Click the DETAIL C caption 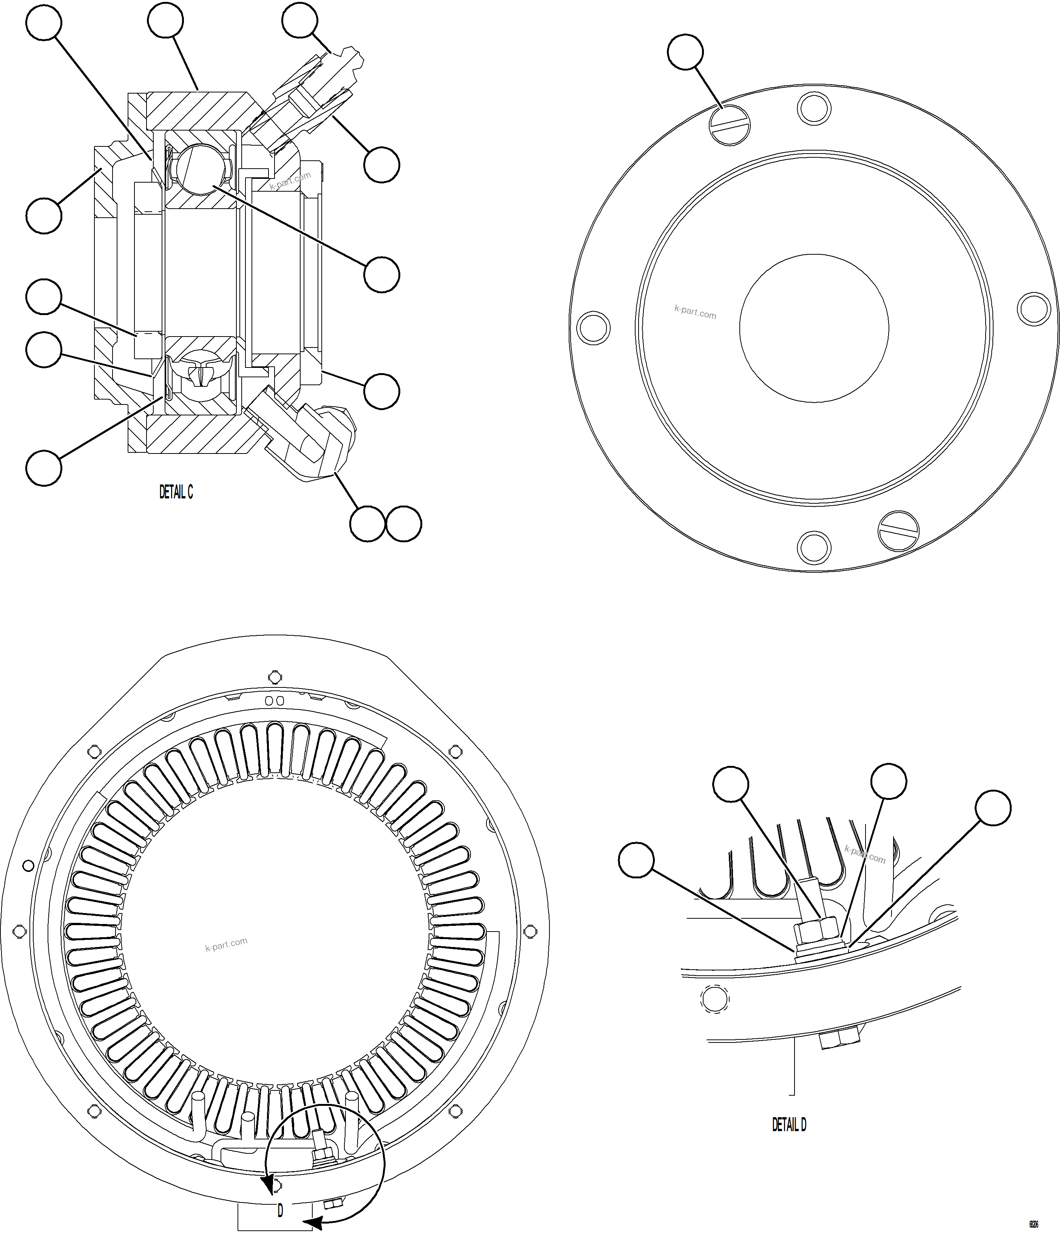click(176, 492)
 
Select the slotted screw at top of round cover click(730, 125)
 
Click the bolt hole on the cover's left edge click(594, 327)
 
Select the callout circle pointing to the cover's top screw click(685, 52)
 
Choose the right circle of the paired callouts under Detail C click(404, 524)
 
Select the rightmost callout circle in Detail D click(993, 807)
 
